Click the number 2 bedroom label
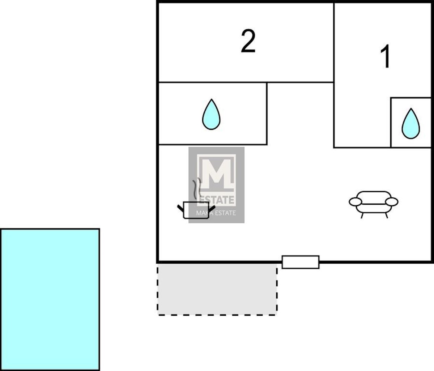pyautogui.click(x=248, y=41)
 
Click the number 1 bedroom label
pyautogui.click(x=386, y=56)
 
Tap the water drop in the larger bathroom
pyautogui.click(x=211, y=114)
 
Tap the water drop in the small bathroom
pyautogui.click(x=411, y=123)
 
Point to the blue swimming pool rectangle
pyautogui.click(x=50, y=299)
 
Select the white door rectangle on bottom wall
pyautogui.click(x=301, y=262)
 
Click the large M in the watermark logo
pyautogui.click(x=216, y=175)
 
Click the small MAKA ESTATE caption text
pyautogui.click(x=216, y=213)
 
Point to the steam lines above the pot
pyautogui.click(x=196, y=188)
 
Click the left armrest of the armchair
pyautogui.click(x=355, y=202)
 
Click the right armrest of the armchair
pyautogui.click(x=392, y=202)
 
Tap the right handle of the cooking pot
pyautogui.click(x=212, y=208)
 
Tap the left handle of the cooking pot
pyautogui.click(x=180, y=208)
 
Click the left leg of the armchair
pyautogui.click(x=362, y=216)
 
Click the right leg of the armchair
pyautogui.click(x=386, y=216)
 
